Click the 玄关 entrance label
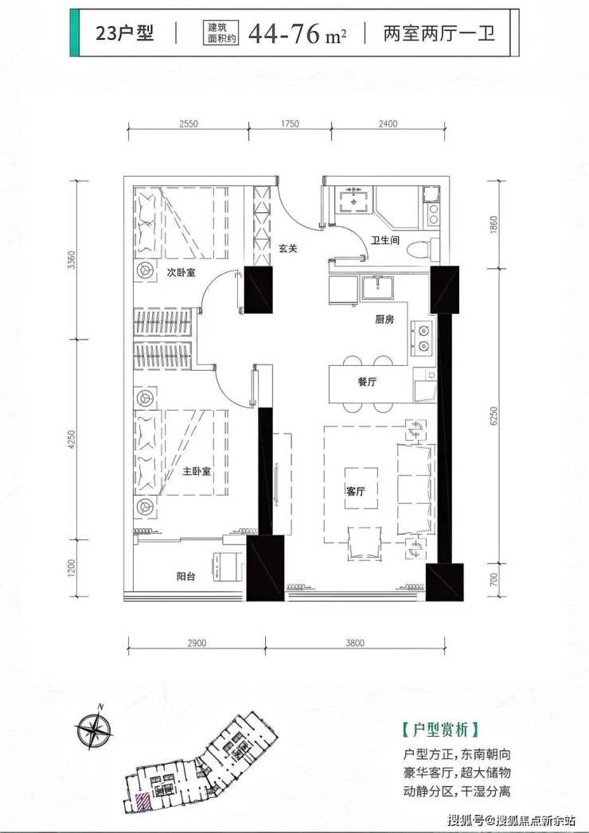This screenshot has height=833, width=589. pos(287,247)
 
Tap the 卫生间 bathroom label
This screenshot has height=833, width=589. pos(385,240)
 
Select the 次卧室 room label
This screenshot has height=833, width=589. pos(181,273)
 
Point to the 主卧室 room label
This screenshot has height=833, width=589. pos(197,471)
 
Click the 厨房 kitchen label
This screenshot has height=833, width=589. pos(384,320)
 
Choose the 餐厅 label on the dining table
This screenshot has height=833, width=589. pos(367,381)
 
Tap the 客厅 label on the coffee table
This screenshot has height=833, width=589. pos(356,492)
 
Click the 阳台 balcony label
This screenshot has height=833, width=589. pos(185,576)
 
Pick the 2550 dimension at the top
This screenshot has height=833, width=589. pos(189,124)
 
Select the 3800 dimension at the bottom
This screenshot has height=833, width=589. pos(355,644)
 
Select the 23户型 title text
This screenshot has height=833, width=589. pos(124,33)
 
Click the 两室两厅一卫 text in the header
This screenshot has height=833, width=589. pos(439,33)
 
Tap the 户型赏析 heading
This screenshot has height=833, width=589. pos(440,730)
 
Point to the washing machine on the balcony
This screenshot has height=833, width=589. pos(228,567)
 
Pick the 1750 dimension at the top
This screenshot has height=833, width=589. pos(290,124)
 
